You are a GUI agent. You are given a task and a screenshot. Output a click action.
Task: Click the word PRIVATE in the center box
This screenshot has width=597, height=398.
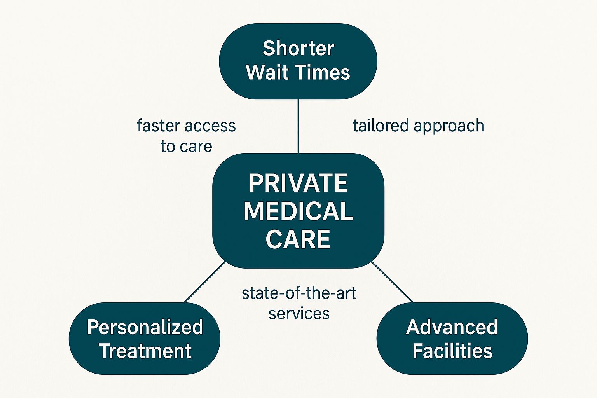pyautogui.click(x=298, y=183)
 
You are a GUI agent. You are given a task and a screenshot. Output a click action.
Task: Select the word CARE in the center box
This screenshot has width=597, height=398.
pyautogui.click(x=298, y=239)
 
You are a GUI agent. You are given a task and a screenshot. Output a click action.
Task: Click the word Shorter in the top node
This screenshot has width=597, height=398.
pyautogui.click(x=298, y=49)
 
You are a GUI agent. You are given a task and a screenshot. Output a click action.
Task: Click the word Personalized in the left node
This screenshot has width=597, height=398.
pyautogui.click(x=145, y=327)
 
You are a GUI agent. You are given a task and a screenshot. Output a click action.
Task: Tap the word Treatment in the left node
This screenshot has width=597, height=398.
pyautogui.click(x=145, y=351)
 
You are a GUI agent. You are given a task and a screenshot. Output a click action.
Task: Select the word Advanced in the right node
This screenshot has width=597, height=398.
pyautogui.click(x=452, y=327)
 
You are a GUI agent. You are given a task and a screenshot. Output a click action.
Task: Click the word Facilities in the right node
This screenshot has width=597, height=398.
pyautogui.click(x=452, y=351)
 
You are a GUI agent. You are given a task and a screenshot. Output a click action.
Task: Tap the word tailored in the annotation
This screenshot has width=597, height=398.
pyautogui.click(x=381, y=126)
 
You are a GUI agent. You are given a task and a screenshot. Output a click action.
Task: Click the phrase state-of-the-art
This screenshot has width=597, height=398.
pyautogui.click(x=298, y=293)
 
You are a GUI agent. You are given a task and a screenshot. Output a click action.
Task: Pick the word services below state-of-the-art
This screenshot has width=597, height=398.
pyautogui.click(x=298, y=314)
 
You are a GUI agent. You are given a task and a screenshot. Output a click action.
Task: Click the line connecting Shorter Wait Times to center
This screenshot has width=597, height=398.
pyautogui.click(x=298, y=126)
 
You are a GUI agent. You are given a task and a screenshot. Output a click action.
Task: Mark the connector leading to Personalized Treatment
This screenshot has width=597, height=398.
pyautogui.click(x=204, y=282)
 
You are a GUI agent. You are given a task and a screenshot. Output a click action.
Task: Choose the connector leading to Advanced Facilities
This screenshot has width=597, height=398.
pyautogui.click(x=393, y=282)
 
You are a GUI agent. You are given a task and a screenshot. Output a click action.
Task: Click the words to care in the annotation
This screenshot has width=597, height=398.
pyautogui.click(x=186, y=147)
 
